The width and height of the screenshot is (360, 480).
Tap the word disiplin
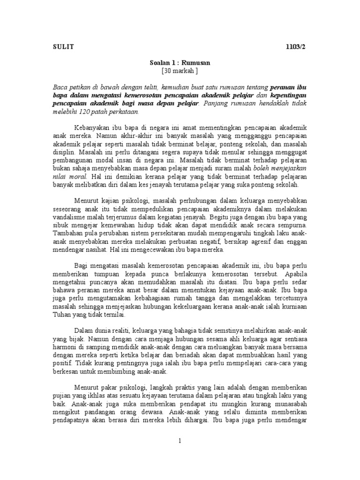click(x=62, y=153)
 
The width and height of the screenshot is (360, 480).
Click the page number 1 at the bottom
click(x=180, y=441)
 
